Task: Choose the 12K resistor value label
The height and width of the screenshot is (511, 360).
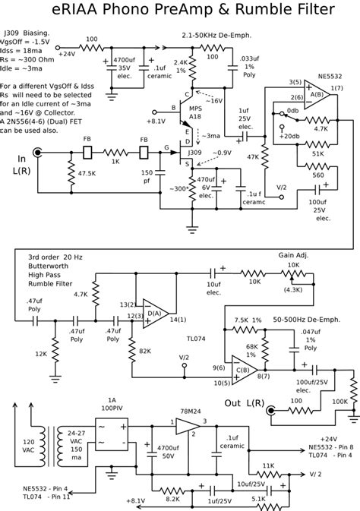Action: click(x=39, y=354)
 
